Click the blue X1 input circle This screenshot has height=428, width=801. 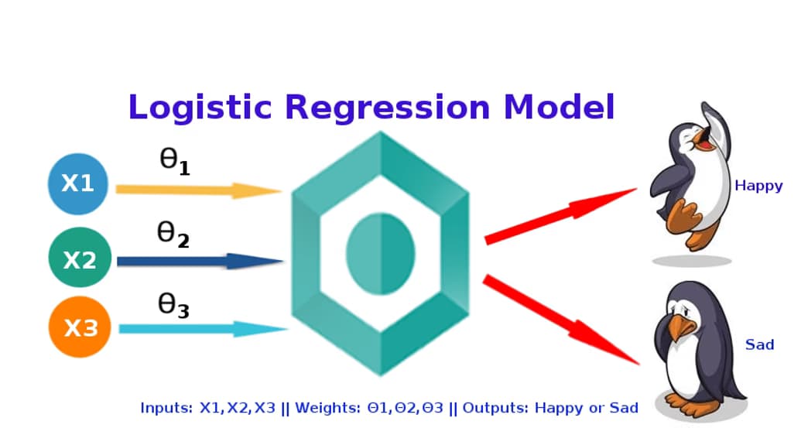[x=78, y=184]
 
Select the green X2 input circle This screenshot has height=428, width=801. [x=80, y=258]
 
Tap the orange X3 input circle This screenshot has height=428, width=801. [x=80, y=327]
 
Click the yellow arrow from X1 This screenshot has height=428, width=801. [x=199, y=190]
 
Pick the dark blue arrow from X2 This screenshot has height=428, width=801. [x=200, y=262]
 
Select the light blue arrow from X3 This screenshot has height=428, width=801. [x=203, y=329]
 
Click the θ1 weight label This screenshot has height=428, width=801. [x=175, y=162]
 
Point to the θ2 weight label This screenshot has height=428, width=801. [x=173, y=235]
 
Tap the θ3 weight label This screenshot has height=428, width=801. [x=173, y=306]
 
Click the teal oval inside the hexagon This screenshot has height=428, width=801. [x=381, y=254]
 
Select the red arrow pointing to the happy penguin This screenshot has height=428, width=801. [x=560, y=216]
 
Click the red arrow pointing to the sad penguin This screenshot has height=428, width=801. [x=561, y=320]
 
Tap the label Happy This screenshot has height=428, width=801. [x=758, y=186]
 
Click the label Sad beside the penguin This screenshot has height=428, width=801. [x=760, y=344]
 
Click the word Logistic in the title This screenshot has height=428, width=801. [x=200, y=108]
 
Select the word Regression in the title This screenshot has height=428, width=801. [x=387, y=108]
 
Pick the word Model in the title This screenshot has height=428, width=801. [x=559, y=107]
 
